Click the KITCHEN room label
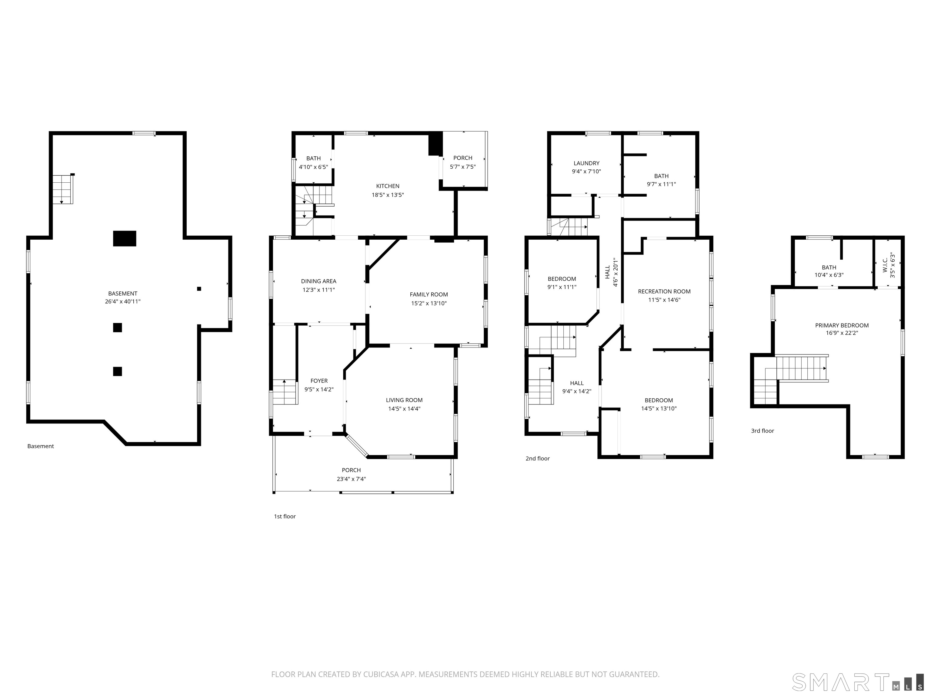click(388, 186)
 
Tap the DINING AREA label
click(319, 281)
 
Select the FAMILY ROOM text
click(429, 294)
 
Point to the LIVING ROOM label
click(404, 400)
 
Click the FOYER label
click(319, 381)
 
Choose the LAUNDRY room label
click(586, 163)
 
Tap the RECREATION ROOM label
click(664, 291)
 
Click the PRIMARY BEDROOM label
click(842, 325)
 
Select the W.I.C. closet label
click(885, 265)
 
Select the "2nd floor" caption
click(537, 459)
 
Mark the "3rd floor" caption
click(762, 431)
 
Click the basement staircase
click(63, 189)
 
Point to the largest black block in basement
click(125, 238)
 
